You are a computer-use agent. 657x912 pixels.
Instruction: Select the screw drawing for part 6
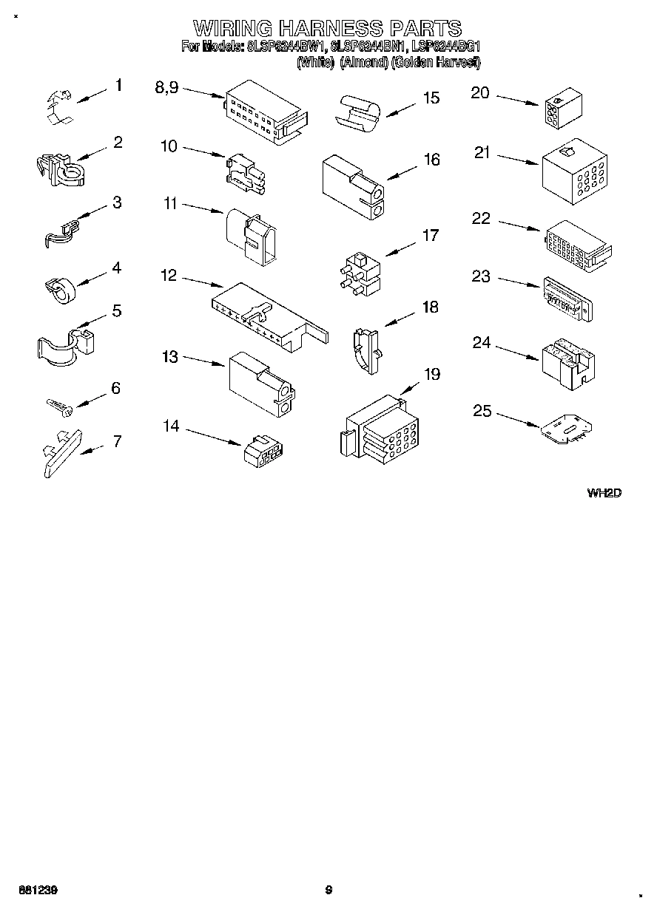click(x=58, y=405)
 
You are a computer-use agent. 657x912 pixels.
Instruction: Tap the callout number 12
click(x=169, y=276)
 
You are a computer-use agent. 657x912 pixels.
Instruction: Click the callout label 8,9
click(x=166, y=87)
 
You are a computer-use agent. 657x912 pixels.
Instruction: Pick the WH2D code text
click(x=604, y=493)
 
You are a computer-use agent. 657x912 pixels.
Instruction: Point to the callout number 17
click(x=430, y=236)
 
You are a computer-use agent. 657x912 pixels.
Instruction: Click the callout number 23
click(x=481, y=276)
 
